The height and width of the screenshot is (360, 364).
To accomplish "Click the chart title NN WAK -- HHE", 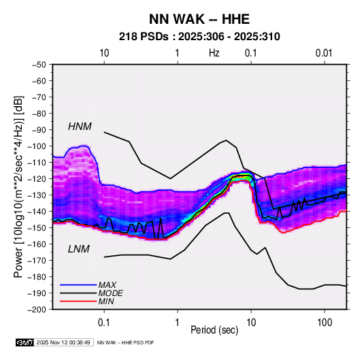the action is point(199,19).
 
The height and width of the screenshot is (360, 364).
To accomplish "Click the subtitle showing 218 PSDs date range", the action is point(199,37).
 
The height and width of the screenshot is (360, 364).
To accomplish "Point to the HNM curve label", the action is point(80,127).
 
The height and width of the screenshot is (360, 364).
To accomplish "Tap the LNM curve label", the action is point(79,249).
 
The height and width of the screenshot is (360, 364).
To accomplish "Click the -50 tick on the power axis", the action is point(39,65).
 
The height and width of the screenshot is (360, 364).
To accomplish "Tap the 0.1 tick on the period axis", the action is point(104,323).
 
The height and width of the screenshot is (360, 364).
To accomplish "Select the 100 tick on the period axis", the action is point(325,323).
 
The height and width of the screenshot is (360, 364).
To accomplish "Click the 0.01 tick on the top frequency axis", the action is point(324,53).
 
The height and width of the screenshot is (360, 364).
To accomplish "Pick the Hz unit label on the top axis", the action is point(214,53).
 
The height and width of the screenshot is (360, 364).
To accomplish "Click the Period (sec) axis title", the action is point(214,330).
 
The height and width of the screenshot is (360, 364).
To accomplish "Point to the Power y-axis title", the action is point(18,187).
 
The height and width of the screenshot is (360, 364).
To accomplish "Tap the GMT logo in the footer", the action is point(25,342).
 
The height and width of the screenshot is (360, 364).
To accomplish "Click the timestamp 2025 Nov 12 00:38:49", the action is point(63,342).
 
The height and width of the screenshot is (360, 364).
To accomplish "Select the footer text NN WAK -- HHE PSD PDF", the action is point(125,342).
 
